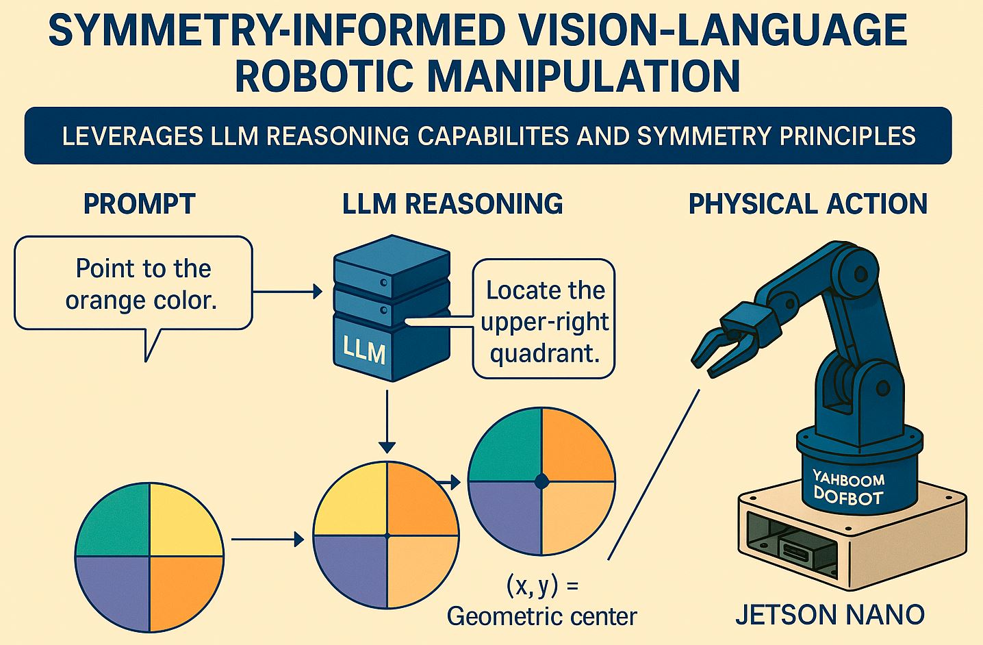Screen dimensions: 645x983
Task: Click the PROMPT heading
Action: (x=139, y=204)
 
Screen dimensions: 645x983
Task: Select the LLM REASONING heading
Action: (x=452, y=204)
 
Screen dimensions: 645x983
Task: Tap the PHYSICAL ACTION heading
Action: (x=808, y=204)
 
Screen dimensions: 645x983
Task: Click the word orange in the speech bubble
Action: (x=101, y=300)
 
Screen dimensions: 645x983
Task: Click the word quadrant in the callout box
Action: (x=545, y=353)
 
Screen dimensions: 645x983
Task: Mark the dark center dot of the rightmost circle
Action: (x=541, y=481)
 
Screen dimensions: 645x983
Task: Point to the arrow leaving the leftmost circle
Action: (x=267, y=540)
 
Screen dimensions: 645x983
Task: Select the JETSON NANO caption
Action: (x=830, y=614)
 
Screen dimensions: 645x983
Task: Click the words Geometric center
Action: (x=541, y=616)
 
